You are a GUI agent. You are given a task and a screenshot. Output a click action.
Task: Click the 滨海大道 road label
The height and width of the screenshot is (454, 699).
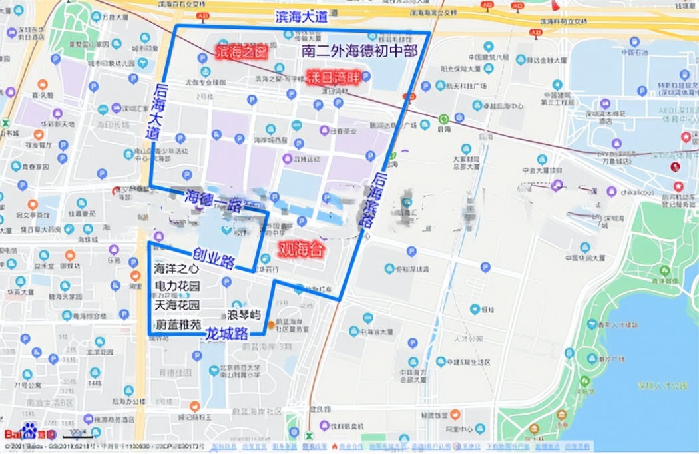302,18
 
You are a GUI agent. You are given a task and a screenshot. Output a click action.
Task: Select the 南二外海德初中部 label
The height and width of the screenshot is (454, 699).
359,51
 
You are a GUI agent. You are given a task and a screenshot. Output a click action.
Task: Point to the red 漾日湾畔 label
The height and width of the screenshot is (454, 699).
333,77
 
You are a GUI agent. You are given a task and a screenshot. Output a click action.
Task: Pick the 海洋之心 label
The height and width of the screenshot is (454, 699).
176,270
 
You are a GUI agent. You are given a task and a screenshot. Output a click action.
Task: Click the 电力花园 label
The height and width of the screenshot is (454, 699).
176,288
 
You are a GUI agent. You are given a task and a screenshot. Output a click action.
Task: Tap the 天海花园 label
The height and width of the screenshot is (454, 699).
176,306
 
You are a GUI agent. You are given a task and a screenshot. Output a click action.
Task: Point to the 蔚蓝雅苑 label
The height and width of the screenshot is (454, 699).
176,325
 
